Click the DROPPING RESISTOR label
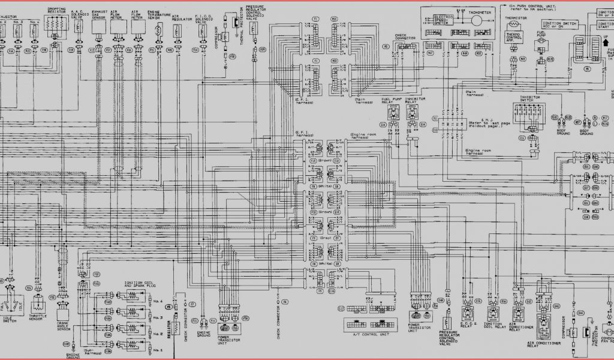pyautogui.click(x=56, y=11)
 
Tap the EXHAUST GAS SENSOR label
pyautogui.click(x=98, y=15)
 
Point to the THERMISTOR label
pyautogui.click(x=513, y=19)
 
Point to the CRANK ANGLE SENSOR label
pyautogui.click(x=64, y=326)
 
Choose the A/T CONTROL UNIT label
pyautogui.click(x=366, y=334)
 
